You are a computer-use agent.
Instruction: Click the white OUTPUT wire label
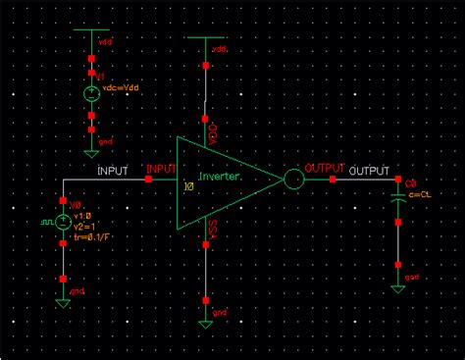(x=370, y=171)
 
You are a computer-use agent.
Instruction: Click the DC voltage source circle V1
(x=90, y=94)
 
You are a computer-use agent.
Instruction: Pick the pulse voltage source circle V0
(x=63, y=223)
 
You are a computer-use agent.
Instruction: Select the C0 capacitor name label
(x=411, y=183)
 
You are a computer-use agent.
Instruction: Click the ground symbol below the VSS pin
(x=206, y=322)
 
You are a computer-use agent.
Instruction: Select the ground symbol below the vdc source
(x=90, y=152)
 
